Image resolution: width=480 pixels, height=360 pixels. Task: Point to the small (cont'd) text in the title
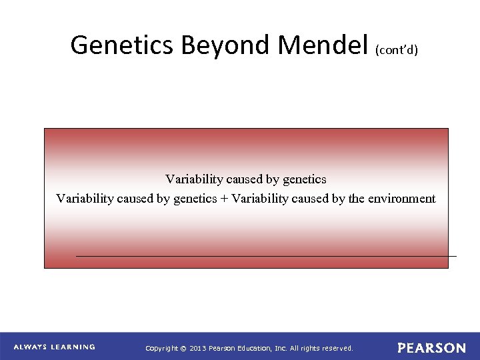pyautogui.click(x=397, y=49)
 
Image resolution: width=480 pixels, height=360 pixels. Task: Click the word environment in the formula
pyautogui.click(x=401, y=199)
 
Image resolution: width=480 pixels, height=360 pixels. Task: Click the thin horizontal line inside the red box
pyautogui.click(x=267, y=256)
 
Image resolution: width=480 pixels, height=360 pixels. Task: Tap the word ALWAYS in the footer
pyautogui.click(x=31, y=347)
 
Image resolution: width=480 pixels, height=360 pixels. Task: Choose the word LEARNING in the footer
pyautogui.click(x=73, y=347)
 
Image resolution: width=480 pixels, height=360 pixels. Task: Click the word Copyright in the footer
pyautogui.click(x=162, y=348)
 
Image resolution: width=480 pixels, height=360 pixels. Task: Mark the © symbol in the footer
pyautogui.click(x=183, y=348)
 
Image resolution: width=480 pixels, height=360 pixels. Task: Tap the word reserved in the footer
pyautogui.click(x=337, y=348)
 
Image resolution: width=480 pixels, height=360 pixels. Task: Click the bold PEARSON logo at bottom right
pyautogui.click(x=431, y=348)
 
